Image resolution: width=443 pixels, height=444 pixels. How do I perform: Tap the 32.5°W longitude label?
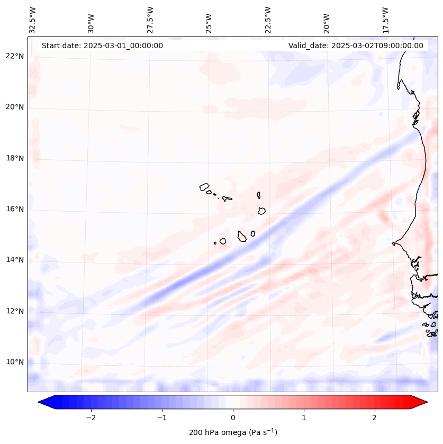click(33, 20)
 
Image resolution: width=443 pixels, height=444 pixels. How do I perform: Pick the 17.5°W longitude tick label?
click(385, 20)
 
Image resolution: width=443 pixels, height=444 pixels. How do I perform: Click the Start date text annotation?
click(102, 46)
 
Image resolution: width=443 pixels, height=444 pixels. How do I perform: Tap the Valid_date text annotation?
click(356, 46)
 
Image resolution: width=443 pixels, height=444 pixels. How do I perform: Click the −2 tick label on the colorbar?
click(91, 418)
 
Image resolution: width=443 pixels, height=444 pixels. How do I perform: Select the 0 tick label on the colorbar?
click(233, 418)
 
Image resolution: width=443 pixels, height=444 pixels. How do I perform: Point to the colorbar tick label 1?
click(304, 418)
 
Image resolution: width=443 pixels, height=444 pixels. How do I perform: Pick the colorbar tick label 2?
click(375, 418)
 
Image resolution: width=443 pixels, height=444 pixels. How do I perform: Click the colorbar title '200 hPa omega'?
click(233, 432)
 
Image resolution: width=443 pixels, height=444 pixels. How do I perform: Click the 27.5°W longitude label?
click(150, 20)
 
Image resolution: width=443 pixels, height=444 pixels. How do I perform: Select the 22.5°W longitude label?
click(268, 20)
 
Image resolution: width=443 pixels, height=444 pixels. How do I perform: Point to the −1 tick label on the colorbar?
click(161, 418)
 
